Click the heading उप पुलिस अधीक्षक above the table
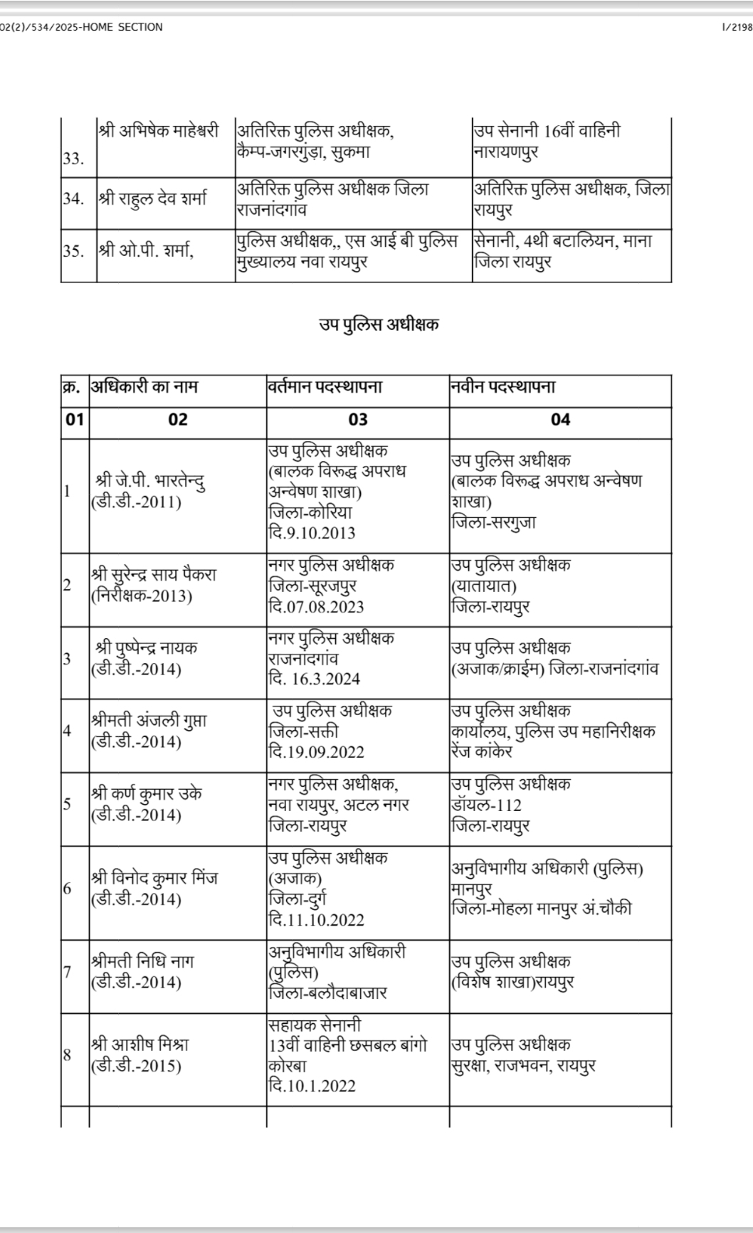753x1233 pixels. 379,326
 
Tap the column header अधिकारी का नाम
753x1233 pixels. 144,388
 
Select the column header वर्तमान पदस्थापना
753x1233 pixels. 325,388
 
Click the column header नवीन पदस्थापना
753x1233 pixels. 502,388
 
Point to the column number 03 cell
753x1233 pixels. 358,420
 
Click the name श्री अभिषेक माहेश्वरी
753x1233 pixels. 158,132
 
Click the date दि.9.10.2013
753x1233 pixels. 312,533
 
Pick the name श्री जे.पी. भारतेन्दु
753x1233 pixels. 151,482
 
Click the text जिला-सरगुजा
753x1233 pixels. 494,522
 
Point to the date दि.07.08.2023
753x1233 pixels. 316,607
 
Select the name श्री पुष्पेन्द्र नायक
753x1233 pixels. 147,648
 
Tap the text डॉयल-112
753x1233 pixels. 486,805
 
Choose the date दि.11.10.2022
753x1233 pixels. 316,920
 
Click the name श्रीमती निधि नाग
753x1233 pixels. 143,962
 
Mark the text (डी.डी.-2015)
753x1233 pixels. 136,1066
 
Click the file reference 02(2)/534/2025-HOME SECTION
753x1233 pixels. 81,27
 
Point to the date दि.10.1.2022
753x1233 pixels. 312,1086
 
